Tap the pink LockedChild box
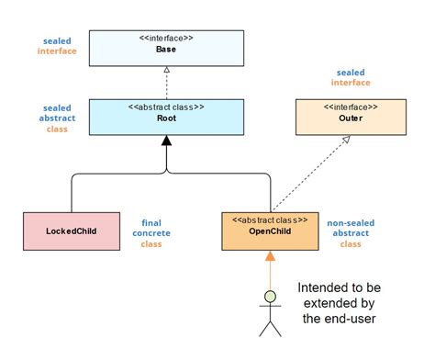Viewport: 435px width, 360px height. click(72, 230)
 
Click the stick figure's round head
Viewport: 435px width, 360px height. click(270, 297)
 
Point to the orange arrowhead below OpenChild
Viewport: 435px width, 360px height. click(270, 256)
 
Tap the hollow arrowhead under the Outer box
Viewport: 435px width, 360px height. click(348, 140)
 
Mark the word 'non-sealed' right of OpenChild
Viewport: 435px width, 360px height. click(351, 221)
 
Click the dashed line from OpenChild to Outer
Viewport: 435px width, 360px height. click(310, 174)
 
